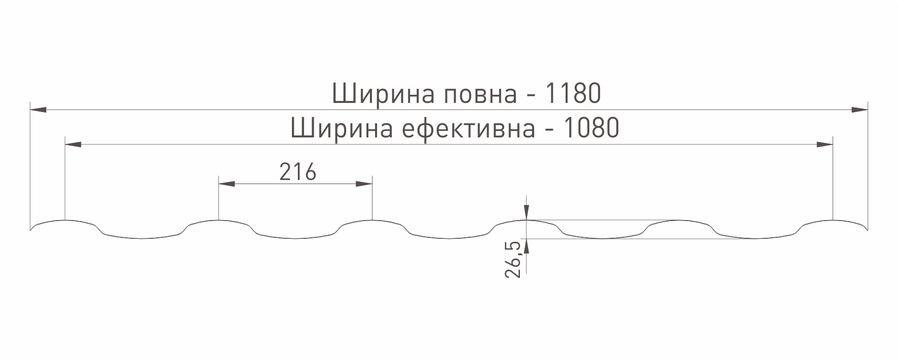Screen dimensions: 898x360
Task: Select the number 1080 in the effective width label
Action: [591, 128]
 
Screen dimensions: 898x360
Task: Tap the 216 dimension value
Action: [298, 172]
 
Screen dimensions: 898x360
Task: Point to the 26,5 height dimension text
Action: [513, 260]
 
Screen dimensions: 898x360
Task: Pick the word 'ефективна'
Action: [469, 129]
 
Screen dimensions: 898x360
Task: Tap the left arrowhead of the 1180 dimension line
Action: [39, 110]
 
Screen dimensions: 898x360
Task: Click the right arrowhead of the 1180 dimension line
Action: [859, 110]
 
